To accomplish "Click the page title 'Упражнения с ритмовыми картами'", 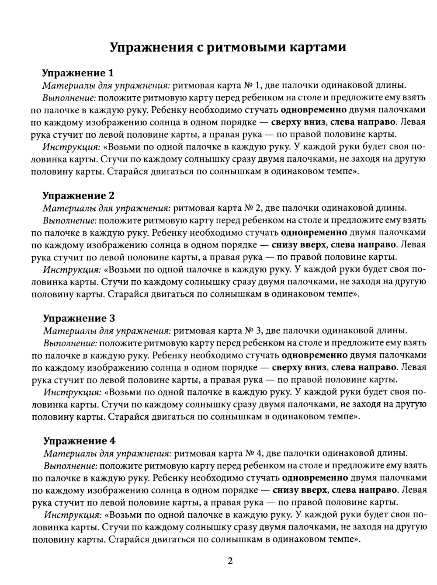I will (x=228, y=47).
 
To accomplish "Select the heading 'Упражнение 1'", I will (x=78, y=73).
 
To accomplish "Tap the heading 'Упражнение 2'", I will (x=78, y=195).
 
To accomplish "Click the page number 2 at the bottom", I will (x=230, y=561).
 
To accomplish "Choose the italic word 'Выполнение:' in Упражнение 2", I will (x=69, y=220).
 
